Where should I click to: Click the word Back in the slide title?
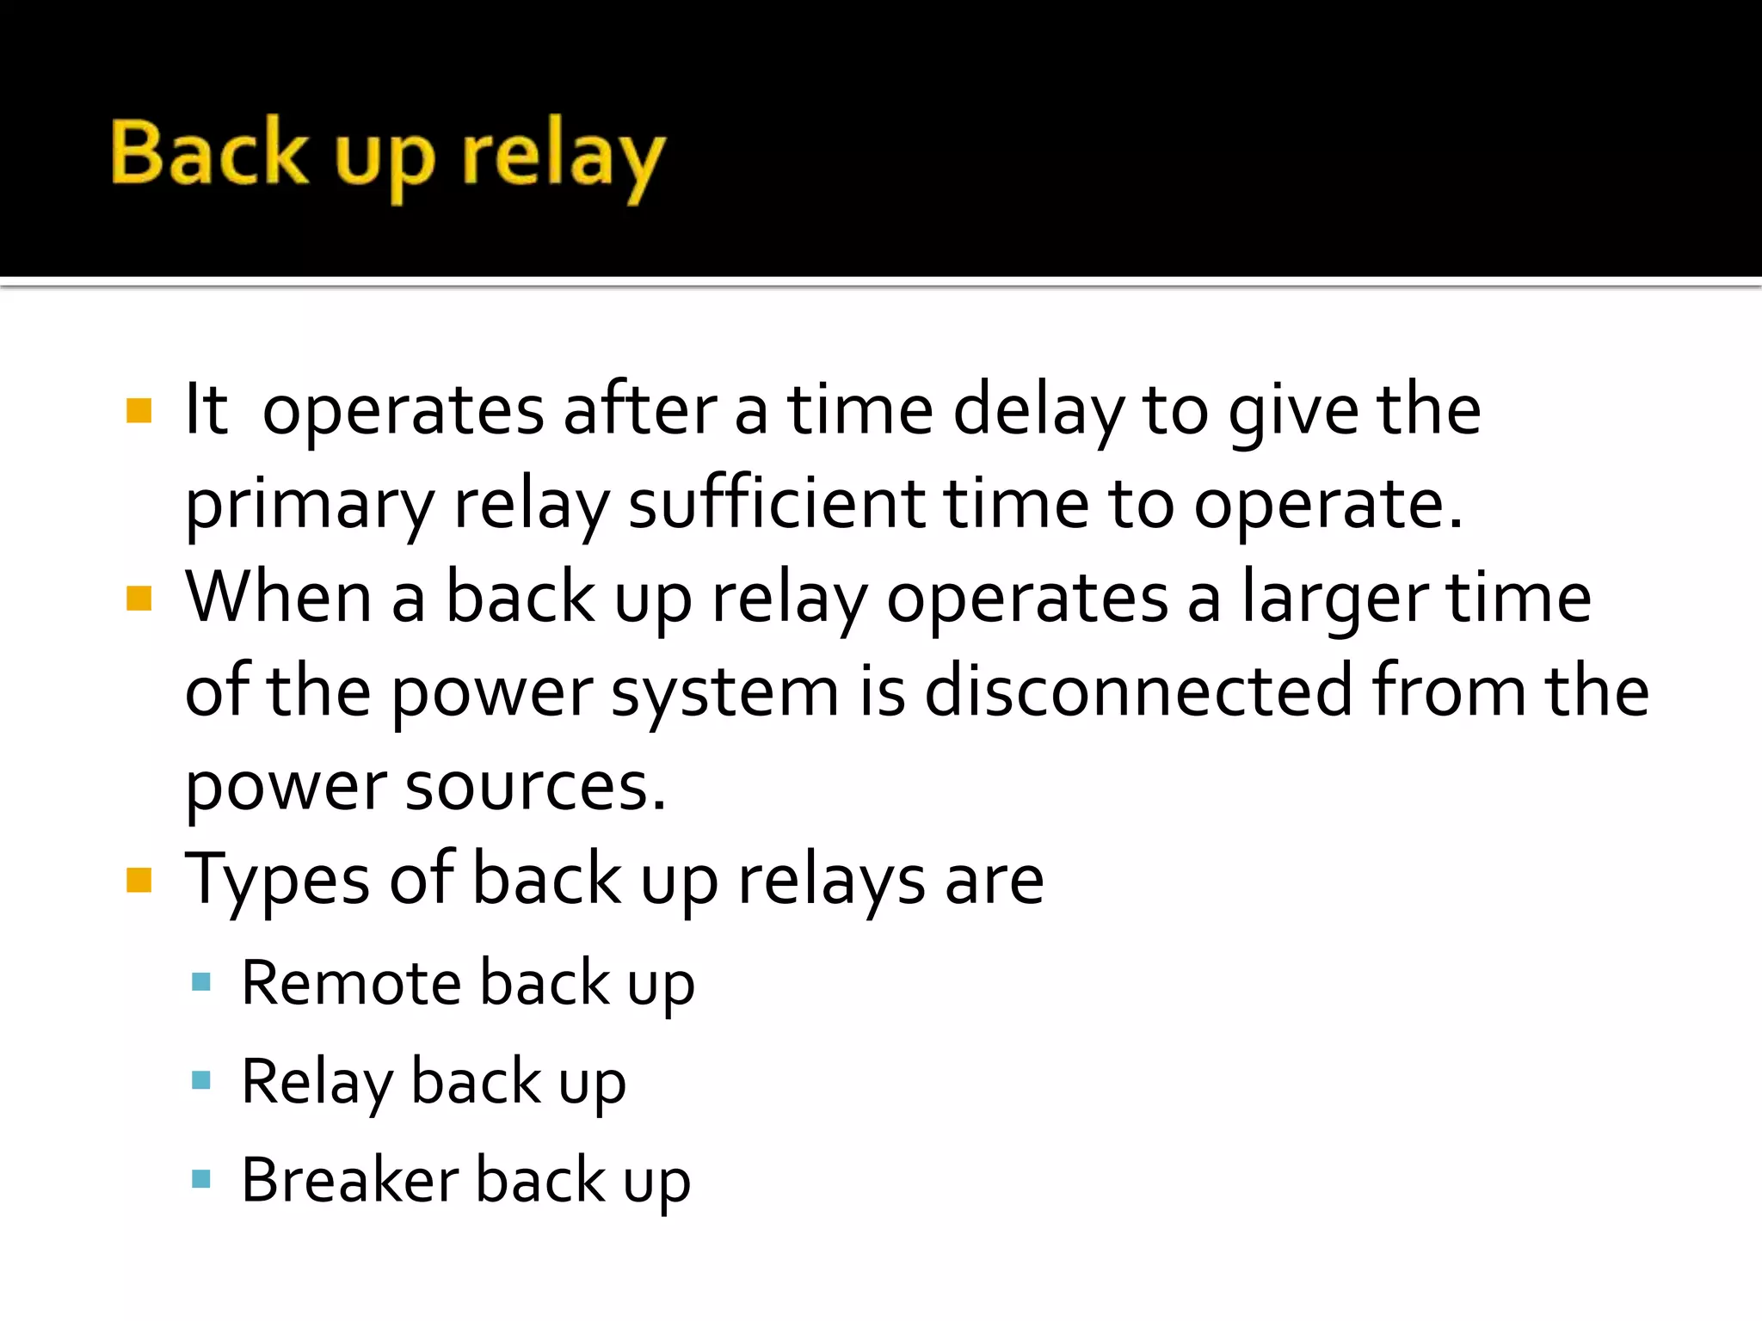pos(209,152)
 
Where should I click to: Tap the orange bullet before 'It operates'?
pos(139,410)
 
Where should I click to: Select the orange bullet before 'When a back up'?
pos(139,598)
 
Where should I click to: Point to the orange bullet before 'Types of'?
pos(139,880)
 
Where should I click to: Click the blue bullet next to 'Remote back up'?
pos(201,981)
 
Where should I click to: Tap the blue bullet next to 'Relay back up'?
pos(201,1080)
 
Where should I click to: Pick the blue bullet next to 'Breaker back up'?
pos(201,1178)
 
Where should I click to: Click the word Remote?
pos(351,982)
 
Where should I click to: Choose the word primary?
pos(310,506)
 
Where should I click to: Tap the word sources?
pos(534,786)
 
